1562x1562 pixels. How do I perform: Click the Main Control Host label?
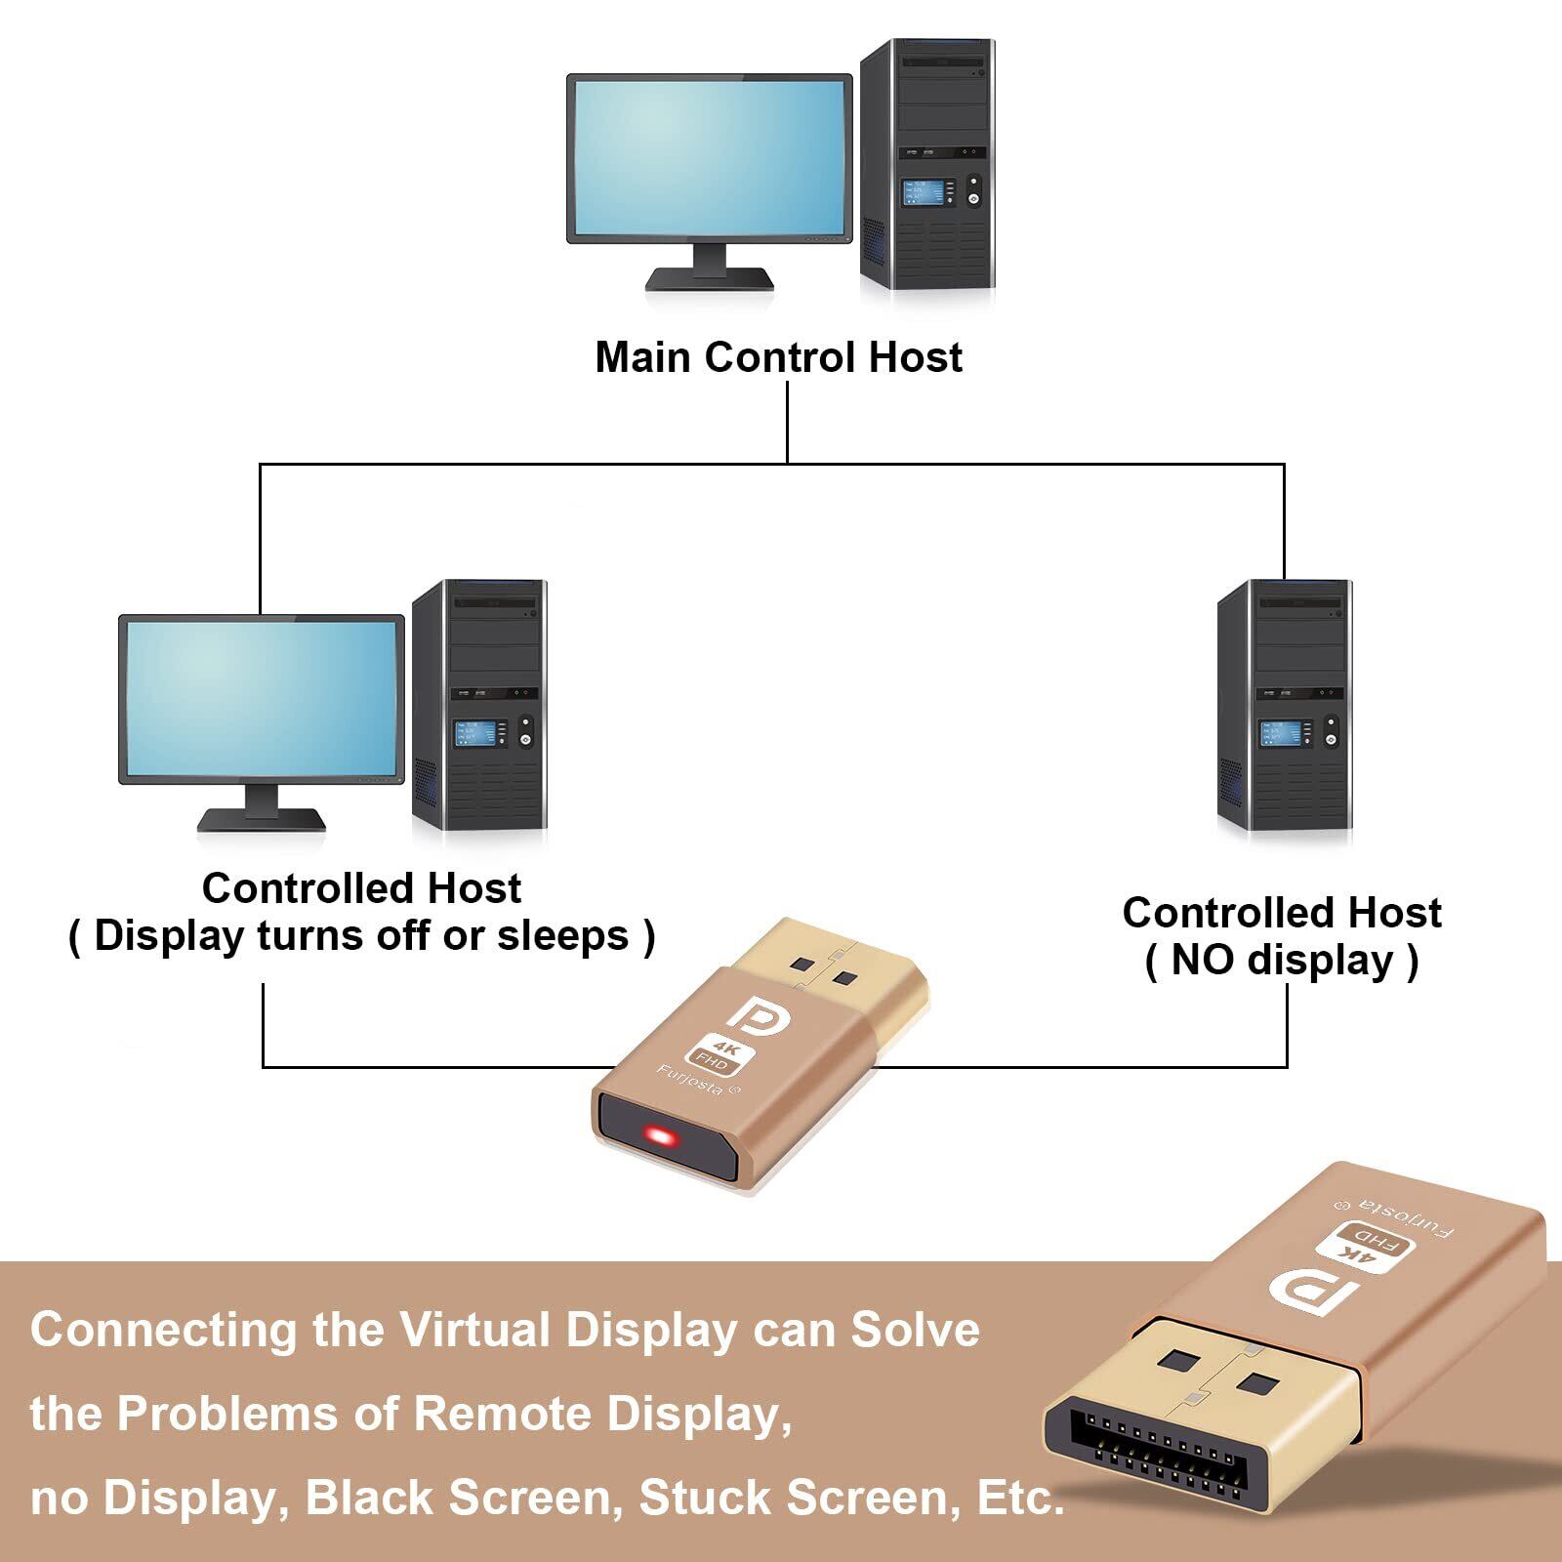click(x=778, y=357)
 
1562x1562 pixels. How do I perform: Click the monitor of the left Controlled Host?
click(x=262, y=699)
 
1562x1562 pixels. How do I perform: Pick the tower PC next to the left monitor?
click(x=479, y=704)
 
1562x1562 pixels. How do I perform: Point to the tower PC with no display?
click(x=1285, y=704)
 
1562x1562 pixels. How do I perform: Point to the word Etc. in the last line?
click(x=1020, y=1498)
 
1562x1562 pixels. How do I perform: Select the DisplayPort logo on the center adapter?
click(x=763, y=1017)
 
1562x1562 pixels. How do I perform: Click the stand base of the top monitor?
click(x=710, y=280)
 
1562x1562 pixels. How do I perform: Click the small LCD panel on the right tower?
click(x=1274, y=731)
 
